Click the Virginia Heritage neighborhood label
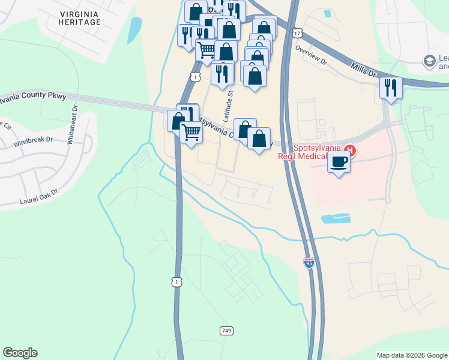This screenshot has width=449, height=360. click(80, 17)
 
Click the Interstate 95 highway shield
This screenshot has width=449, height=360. click(308, 263)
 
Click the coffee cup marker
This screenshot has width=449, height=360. click(339, 161)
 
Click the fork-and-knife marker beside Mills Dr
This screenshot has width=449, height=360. click(391, 88)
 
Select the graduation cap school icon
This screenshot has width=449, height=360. click(429, 61)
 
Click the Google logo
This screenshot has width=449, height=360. click(20, 353)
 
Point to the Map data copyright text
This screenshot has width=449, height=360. click(412, 355)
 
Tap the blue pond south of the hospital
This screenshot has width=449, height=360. click(336, 218)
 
